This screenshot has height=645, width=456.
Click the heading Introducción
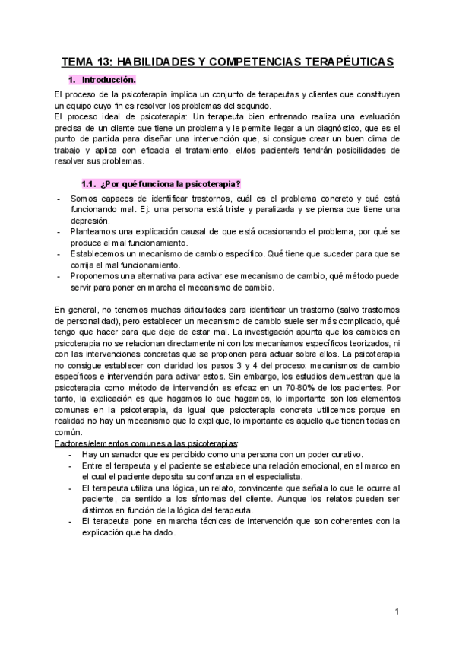coord(109,80)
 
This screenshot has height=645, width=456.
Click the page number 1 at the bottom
coord(397,612)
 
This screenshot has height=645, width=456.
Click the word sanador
coord(125,454)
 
